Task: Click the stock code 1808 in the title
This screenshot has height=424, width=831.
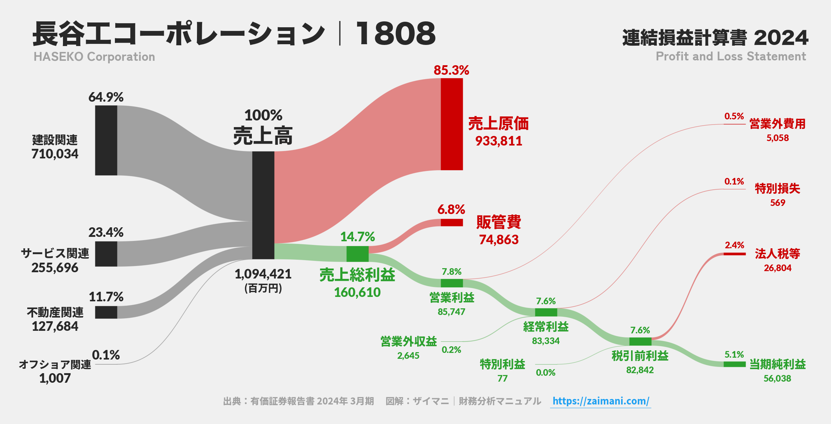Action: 395,34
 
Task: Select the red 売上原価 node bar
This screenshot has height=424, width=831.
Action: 451,124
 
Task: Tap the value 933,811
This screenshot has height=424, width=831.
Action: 499,141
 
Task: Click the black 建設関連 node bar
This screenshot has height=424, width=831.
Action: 106,140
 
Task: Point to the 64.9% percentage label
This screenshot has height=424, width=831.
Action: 106,97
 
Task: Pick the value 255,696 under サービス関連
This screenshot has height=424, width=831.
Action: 55,268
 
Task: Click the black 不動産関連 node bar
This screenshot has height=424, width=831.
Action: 106,312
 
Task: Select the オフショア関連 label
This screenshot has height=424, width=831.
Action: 55,364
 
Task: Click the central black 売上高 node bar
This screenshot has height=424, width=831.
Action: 263,205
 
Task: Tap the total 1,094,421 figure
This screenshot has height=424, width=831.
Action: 263,274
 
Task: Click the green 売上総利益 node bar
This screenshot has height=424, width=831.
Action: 357,254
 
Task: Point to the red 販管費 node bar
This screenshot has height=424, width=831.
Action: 451,222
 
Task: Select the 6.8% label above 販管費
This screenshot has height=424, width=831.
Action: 451,210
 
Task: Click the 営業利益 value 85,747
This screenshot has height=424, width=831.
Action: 451,312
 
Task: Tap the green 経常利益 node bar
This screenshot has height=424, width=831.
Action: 546,312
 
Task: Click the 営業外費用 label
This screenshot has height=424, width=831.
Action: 777,124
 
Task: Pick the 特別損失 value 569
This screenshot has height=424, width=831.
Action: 777,203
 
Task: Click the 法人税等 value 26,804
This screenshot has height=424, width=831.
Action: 777,268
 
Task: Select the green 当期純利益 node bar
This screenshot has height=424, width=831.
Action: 734,364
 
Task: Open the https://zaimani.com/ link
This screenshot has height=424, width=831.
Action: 601,401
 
